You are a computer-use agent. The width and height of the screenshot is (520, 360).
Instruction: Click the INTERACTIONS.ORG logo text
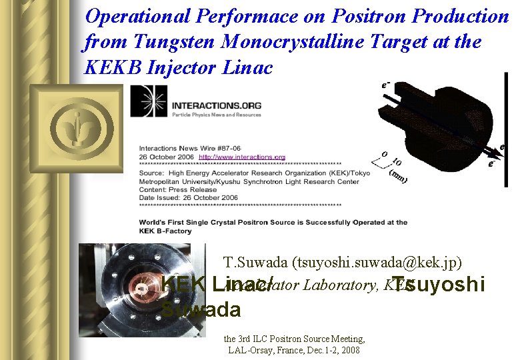[216, 106]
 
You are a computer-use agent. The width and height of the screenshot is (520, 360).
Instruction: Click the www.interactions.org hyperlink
[242, 157]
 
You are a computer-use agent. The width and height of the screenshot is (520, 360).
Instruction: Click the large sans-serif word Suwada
[201, 310]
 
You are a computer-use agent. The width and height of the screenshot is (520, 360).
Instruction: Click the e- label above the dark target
[385, 85]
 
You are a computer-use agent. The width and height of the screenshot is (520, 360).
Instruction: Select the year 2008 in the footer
[351, 349]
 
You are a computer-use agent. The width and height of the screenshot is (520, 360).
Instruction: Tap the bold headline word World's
[154, 223]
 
